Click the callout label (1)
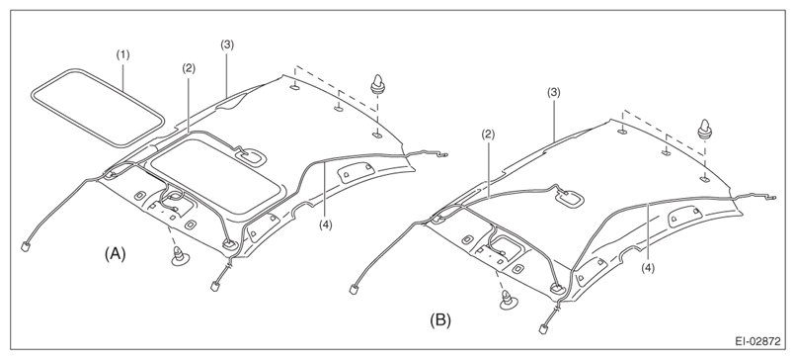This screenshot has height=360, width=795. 122,54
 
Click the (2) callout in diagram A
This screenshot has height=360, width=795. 189,69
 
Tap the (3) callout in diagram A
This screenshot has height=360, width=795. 226,45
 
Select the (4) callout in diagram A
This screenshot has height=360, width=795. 326,224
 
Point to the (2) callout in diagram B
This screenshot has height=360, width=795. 488,135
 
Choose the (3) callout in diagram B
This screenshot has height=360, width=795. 553,92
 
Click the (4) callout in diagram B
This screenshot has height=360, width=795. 648,268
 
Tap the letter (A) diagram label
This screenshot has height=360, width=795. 116,254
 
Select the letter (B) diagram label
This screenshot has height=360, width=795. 440,320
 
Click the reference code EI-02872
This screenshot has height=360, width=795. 758,341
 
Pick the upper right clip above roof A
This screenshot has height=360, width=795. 376,83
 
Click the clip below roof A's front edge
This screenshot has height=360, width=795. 182,256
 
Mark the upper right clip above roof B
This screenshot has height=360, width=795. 704,129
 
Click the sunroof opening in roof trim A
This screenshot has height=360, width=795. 216,174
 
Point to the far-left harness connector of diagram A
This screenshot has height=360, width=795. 25,246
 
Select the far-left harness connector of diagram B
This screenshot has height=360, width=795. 353,290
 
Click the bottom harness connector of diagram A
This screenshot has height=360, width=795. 214,286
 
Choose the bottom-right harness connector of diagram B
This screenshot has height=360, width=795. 543,328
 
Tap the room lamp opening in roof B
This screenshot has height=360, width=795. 569,197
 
